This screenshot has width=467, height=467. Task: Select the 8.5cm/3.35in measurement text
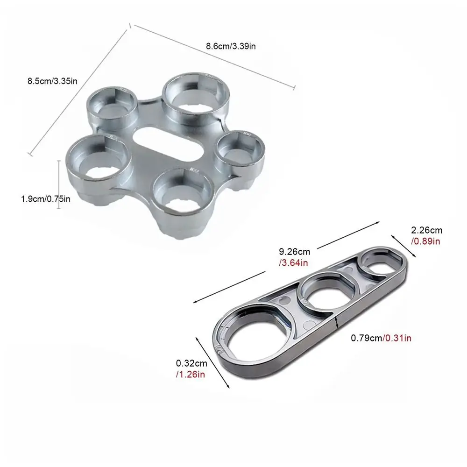53,81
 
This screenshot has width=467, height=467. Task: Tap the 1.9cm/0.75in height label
46,199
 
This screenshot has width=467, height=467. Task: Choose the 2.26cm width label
426,230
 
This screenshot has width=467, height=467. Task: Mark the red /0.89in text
426,241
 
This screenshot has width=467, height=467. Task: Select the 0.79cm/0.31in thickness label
381,338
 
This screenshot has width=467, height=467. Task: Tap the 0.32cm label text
191,363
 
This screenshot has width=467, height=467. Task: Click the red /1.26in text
191,374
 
